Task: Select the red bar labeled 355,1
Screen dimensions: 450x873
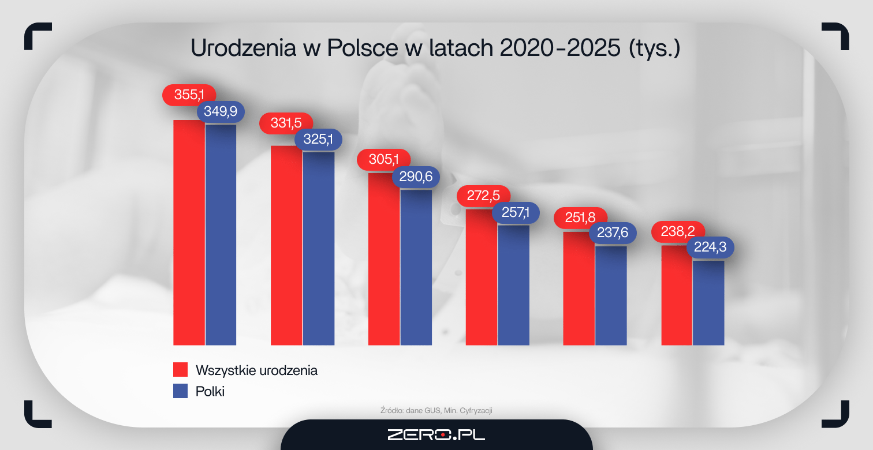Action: coord(189,231)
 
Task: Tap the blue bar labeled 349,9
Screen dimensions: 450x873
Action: coord(221,234)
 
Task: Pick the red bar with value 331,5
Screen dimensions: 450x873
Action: coord(286,245)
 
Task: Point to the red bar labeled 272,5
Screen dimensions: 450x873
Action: coord(482,277)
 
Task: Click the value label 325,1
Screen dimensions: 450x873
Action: coord(319,139)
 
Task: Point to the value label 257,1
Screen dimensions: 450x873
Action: coord(516,213)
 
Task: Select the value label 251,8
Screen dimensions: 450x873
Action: coord(580,218)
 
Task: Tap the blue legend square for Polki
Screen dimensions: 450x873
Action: coord(181,391)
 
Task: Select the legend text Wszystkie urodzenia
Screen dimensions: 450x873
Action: coord(256,370)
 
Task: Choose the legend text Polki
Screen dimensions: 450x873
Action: coord(210,391)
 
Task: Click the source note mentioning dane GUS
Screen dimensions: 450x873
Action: coord(436,410)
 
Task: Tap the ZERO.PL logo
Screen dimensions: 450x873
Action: coord(436,434)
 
